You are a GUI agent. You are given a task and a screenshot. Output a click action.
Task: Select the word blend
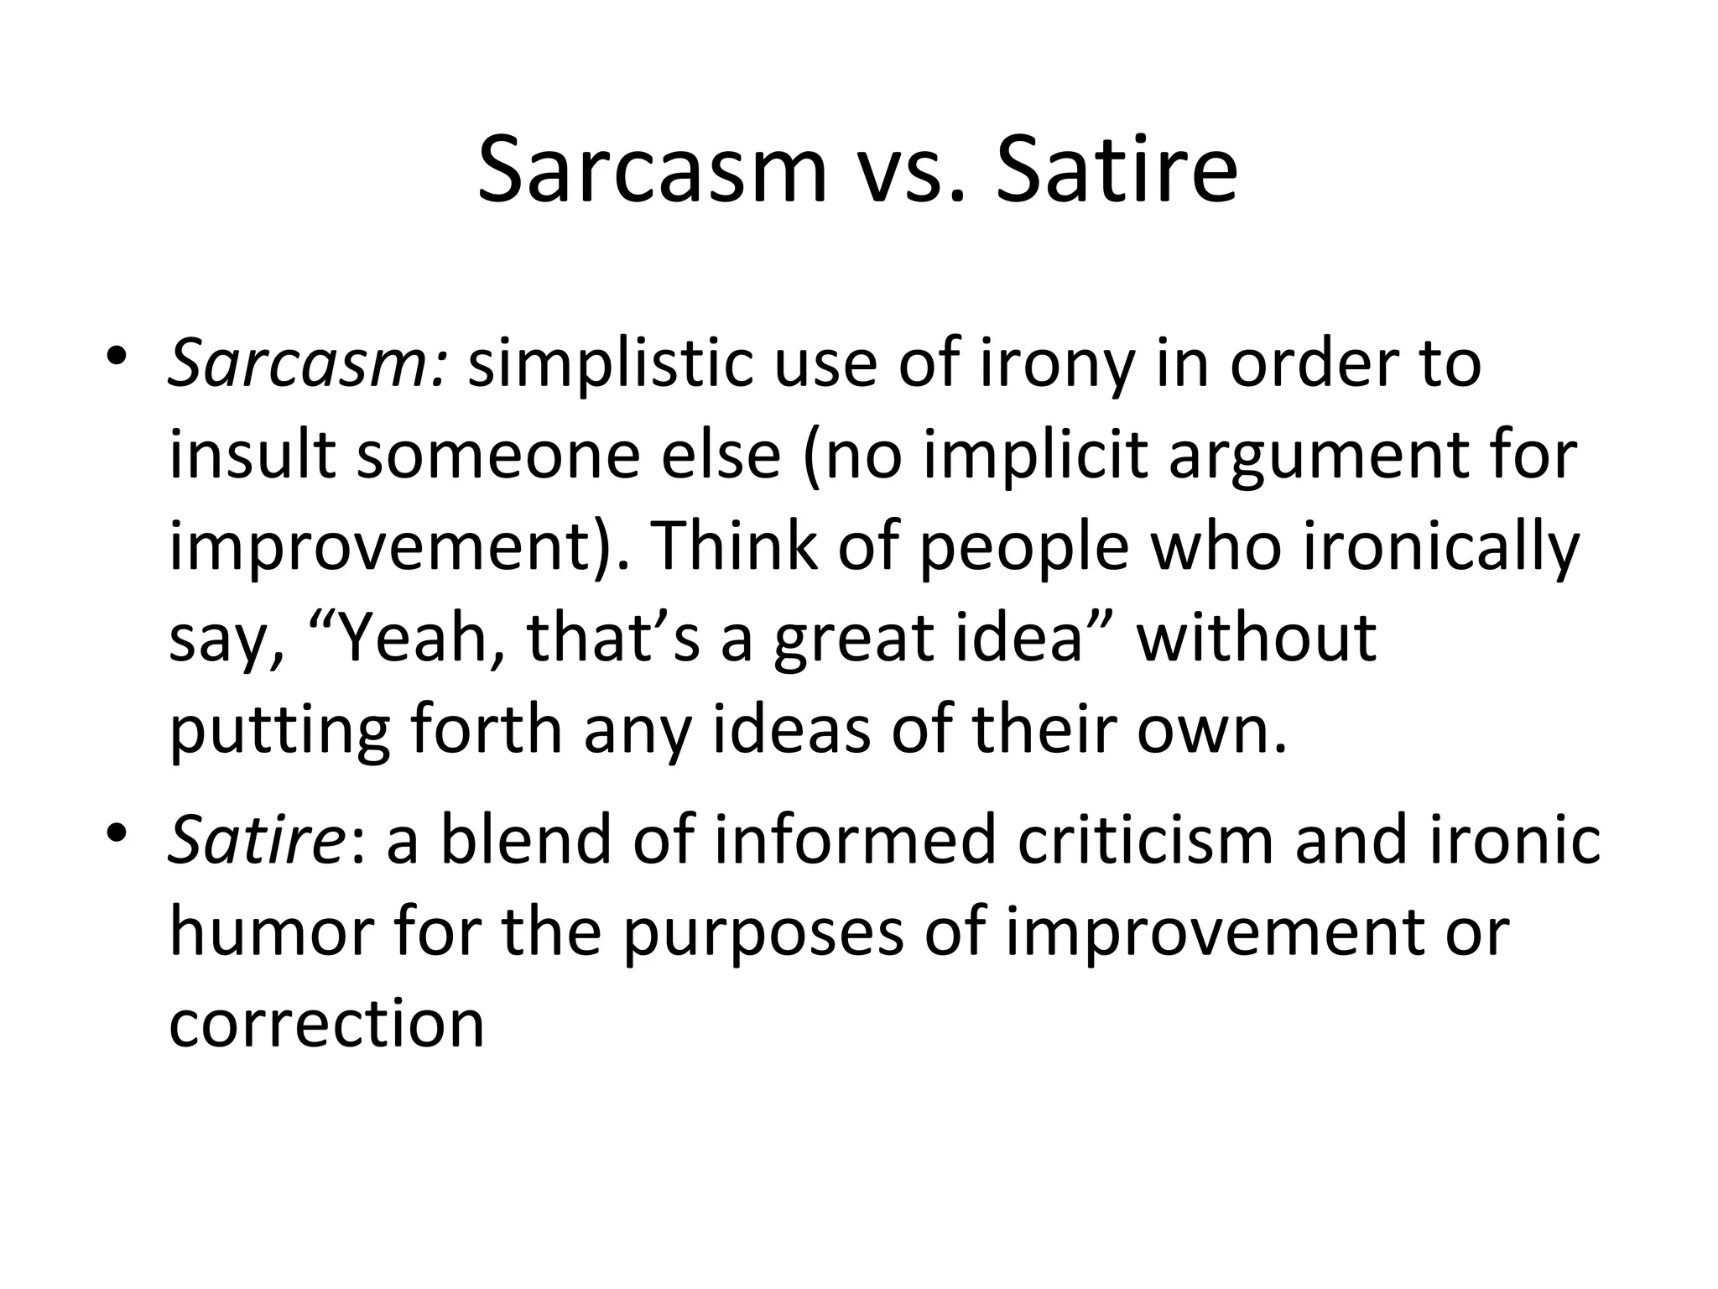click(528, 841)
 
